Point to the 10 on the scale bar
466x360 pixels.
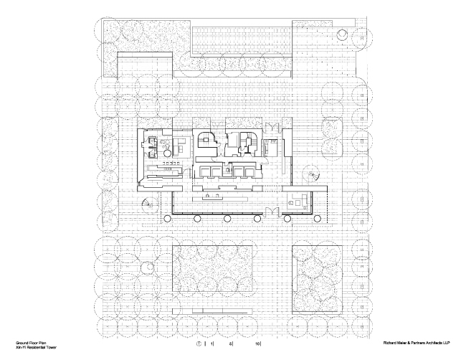pos(257,344)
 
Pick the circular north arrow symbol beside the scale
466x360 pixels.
pos(198,344)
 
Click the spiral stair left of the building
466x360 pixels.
pos(147,203)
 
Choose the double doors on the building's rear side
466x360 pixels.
pos(271,127)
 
